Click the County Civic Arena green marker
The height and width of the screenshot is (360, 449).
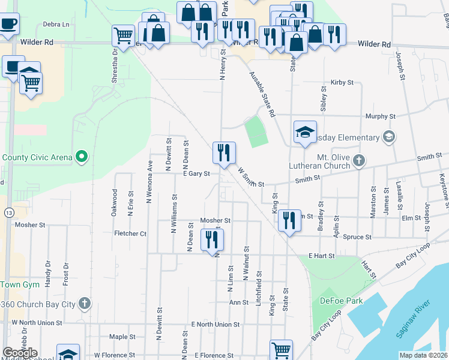(83, 157)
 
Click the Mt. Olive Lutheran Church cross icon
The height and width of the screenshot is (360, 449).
(358, 160)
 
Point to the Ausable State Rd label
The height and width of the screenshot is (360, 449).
(262, 95)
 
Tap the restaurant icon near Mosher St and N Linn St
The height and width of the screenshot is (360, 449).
(212, 239)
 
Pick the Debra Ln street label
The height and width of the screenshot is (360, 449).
(56, 25)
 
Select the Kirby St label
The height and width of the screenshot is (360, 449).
(340, 82)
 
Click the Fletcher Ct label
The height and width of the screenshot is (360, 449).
(130, 233)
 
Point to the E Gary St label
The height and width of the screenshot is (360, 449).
(196, 173)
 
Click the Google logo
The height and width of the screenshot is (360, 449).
(20, 353)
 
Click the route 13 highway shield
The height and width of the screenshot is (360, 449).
(8, 212)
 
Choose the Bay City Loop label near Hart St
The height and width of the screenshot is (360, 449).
(413, 256)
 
